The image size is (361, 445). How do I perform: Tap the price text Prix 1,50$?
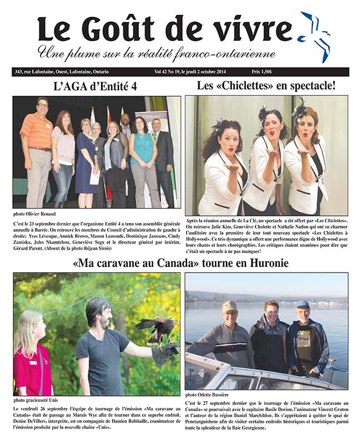point(332,72)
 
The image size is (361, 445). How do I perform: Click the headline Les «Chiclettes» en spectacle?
point(266,86)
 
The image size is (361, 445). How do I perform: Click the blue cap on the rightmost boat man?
point(302,304)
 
